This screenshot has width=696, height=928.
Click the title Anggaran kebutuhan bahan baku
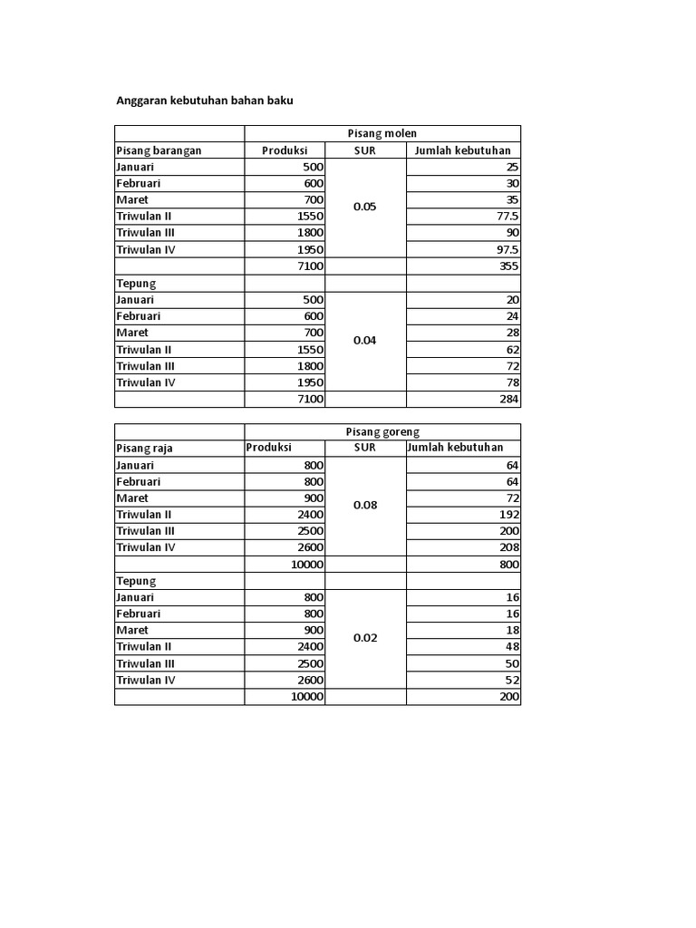click(205, 101)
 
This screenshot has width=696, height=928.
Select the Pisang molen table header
click(382, 134)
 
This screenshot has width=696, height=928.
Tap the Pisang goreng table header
click(383, 432)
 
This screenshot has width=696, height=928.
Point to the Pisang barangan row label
click(159, 150)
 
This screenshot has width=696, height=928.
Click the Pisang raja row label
click(145, 449)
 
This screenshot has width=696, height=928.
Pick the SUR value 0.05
click(365, 207)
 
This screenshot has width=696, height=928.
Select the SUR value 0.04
click(365, 341)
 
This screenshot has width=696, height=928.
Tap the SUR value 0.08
click(365, 506)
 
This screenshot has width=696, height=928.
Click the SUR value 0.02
click(365, 638)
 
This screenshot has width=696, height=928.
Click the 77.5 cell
click(507, 217)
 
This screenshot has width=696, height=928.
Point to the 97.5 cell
click(507, 250)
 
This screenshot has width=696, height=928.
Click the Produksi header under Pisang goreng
click(270, 449)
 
